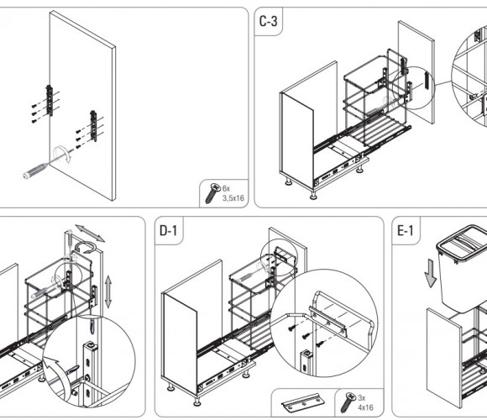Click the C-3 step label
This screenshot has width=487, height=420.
pyautogui.click(x=268, y=21)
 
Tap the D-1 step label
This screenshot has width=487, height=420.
pyautogui.click(x=168, y=230)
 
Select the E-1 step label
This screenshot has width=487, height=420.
pyautogui.click(x=406, y=230)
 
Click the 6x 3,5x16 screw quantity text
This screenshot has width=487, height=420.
pyautogui.click(x=233, y=193)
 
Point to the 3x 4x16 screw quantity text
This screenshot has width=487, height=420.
pyautogui.click(x=365, y=402)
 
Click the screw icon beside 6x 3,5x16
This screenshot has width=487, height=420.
pyautogui.click(x=212, y=193)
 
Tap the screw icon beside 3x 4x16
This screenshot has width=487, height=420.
pyautogui.click(x=348, y=402)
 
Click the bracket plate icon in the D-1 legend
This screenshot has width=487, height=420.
pyautogui.click(x=303, y=402)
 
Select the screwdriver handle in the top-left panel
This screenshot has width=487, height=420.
pyautogui.click(x=34, y=171)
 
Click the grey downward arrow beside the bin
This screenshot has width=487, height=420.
pyautogui.click(x=431, y=273)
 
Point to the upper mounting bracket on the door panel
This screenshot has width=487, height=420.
pyautogui.click(x=50, y=100)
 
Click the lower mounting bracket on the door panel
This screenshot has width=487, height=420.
pyautogui.click(x=93, y=126)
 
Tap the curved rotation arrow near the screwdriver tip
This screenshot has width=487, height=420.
pyautogui.click(x=62, y=153)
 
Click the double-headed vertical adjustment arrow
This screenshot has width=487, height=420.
pyautogui.click(x=108, y=292)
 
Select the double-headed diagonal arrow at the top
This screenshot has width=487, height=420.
pyautogui.click(x=90, y=234)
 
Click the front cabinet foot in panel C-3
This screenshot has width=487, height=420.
pyautogui.click(x=313, y=196)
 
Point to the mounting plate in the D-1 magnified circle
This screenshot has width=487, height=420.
pyautogui.click(x=327, y=321)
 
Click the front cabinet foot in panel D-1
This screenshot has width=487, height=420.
pyautogui.click(x=196, y=402)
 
